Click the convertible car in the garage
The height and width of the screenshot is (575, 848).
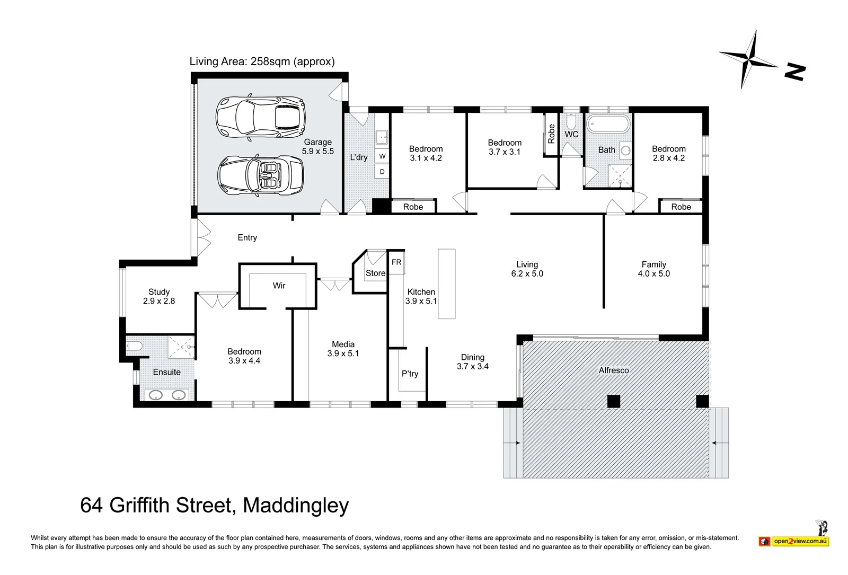[x=260, y=175]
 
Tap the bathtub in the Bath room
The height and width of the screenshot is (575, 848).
[x=608, y=124]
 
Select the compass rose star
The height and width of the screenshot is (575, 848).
[x=749, y=60]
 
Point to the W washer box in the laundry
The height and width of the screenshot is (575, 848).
[x=382, y=156]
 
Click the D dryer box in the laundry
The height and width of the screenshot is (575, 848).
[x=382, y=172]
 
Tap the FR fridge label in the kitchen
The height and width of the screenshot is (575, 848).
[x=396, y=262]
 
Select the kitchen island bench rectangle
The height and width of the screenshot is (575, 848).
[x=447, y=284]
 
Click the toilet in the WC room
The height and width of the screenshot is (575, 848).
[x=571, y=121]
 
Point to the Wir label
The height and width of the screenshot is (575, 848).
[x=279, y=286]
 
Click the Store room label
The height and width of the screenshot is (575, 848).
[x=376, y=273]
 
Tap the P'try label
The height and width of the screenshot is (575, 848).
[x=410, y=374]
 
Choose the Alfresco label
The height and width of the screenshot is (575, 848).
[x=614, y=370]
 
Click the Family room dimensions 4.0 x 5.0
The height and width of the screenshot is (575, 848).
[x=654, y=273]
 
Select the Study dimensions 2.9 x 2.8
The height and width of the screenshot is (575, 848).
[x=159, y=301]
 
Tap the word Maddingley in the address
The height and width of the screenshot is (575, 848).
[x=296, y=506]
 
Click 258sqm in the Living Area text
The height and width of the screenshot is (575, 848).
[x=270, y=61]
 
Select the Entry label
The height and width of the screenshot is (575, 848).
[x=247, y=238]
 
